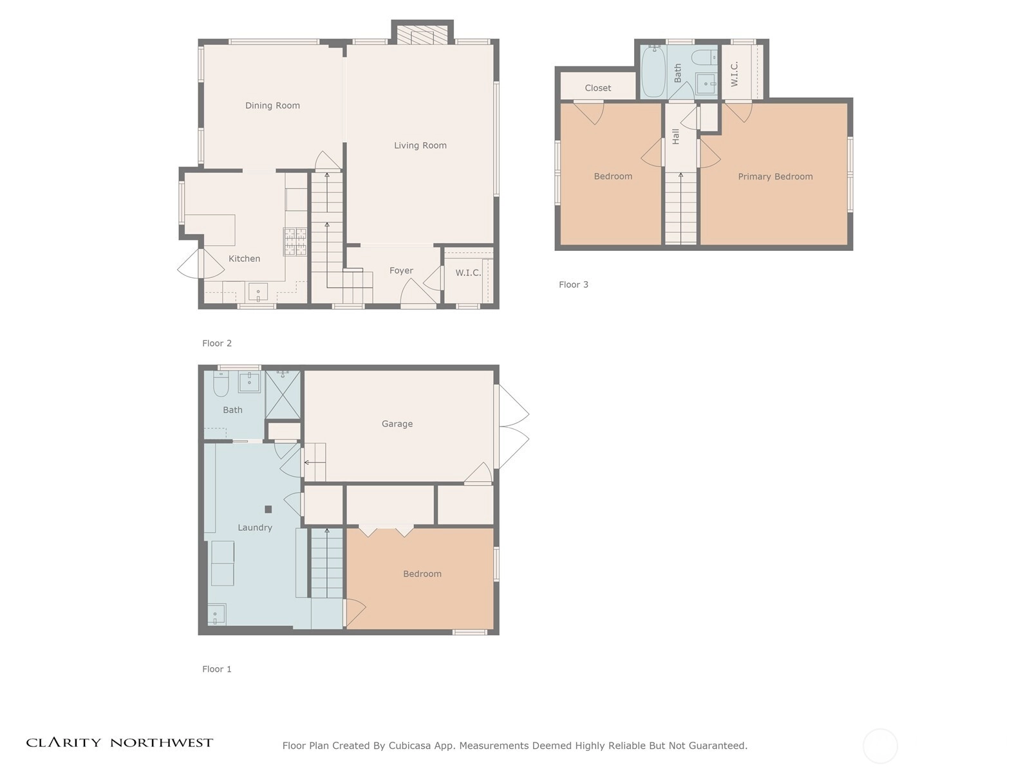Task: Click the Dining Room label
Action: [x=272, y=106]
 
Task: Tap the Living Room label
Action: [x=420, y=145]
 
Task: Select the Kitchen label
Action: [x=244, y=258]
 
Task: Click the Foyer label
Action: [x=401, y=270]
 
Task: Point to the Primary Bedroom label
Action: [x=775, y=177]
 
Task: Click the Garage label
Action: [x=397, y=424]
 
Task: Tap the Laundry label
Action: [x=255, y=528]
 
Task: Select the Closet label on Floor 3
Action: [x=598, y=87]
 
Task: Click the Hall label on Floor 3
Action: [x=676, y=136]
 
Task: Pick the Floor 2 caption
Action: [x=217, y=343]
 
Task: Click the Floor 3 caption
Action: [x=574, y=284]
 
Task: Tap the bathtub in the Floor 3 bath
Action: [x=653, y=71]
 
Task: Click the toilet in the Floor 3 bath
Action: [x=704, y=57]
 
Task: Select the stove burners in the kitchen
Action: [x=295, y=241]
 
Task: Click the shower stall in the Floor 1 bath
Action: [x=283, y=394]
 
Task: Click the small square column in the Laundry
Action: [x=268, y=509]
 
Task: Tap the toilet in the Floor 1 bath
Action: [x=221, y=384]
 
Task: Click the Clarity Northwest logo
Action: [x=119, y=742]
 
